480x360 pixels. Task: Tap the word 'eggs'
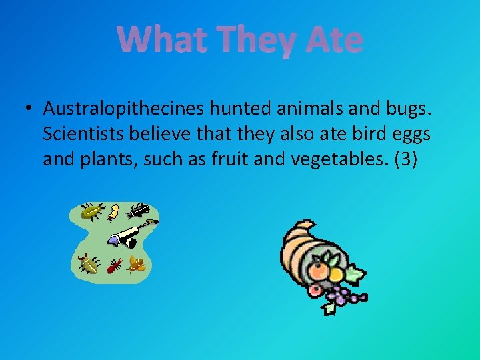point(408,134)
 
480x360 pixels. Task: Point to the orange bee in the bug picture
point(137,263)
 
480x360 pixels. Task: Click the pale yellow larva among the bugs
point(113,212)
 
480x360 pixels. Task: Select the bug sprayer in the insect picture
point(127,233)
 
